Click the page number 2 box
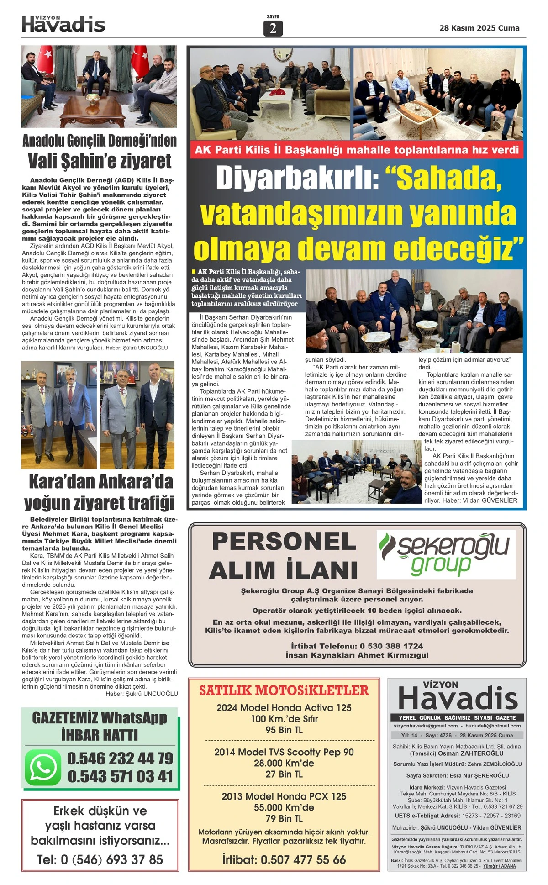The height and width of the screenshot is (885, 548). click(273, 28)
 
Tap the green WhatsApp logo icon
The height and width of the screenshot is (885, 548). click(43, 768)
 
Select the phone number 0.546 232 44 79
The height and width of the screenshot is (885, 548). click(120, 759)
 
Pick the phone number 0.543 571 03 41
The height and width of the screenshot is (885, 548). click(120, 777)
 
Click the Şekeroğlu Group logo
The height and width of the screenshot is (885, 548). click(446, 554)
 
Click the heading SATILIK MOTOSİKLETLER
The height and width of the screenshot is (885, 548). click(284, 690)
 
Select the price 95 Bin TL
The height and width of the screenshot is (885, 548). click(284, 730)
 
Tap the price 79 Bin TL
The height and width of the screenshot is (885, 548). click(284, 818)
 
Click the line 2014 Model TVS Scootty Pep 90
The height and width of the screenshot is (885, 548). click(284, 752)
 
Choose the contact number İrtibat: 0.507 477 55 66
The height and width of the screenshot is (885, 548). click(284, 860)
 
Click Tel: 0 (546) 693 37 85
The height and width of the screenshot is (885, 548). click(100, 860)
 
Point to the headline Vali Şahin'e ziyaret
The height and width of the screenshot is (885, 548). click(100, 161)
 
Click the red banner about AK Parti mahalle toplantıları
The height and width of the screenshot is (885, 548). click(357, 150)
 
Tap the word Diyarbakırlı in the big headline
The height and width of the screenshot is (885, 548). click(297, 179)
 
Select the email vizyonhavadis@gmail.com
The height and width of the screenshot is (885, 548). click(426, 726)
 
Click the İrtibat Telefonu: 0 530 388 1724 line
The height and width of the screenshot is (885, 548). click(357, 646)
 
